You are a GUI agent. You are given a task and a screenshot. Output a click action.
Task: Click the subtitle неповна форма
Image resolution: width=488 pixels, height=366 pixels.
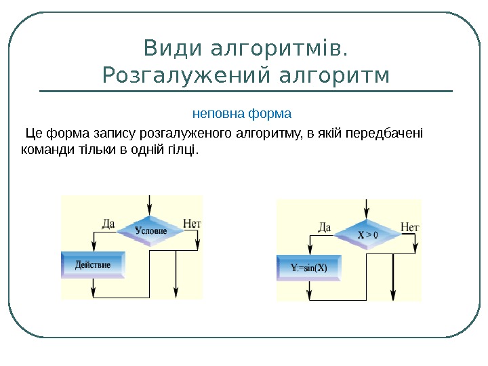[x=242, y=112]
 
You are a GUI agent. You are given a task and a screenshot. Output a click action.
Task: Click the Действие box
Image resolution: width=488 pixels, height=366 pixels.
[x=94, y=264]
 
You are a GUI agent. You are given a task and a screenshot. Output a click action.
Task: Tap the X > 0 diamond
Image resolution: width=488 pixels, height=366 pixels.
[x=367, y=235]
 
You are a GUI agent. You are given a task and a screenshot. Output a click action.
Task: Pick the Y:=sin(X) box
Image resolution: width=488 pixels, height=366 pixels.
[x=309, y=267]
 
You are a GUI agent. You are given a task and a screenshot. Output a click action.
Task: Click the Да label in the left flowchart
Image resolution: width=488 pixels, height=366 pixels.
[x=108, y=222]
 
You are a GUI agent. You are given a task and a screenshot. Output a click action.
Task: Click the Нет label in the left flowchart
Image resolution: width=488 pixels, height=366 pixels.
[x=192, y=222]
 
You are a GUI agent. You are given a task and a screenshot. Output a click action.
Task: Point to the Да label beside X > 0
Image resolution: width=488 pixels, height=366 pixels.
[x=324, y=227]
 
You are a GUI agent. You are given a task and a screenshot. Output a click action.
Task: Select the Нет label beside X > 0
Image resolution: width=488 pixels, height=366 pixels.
[x=410, y=226]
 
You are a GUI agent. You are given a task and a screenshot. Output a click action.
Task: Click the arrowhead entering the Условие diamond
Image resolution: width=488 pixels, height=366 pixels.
[x=150, y=211]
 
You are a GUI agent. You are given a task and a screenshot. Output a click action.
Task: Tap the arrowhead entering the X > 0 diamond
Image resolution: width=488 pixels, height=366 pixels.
[x=367, y=215]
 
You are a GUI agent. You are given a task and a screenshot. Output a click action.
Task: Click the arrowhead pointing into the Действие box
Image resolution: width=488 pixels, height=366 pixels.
[x=92, y=248]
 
